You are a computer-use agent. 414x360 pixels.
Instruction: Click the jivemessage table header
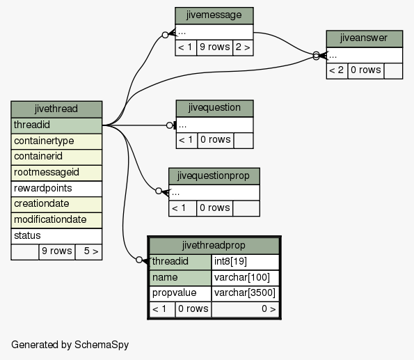pos(214,15)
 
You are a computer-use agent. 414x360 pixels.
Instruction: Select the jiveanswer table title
pos(365,38)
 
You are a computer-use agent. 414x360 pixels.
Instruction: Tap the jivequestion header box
pos(215,109)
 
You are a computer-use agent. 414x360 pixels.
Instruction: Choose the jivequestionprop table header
pos(214,176)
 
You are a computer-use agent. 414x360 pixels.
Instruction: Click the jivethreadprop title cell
pos(214,246)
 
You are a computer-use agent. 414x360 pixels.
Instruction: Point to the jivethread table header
pos(56,109)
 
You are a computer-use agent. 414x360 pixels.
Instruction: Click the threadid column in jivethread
pos(56,125)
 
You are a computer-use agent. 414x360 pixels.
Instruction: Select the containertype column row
pos(56,141)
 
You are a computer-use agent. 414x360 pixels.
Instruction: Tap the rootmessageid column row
pos(56,173)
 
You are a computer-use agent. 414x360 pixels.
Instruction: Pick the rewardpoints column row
pos(56,189)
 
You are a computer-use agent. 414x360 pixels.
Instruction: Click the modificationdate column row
pos(56,220)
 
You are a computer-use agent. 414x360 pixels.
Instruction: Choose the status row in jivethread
pos(56,236)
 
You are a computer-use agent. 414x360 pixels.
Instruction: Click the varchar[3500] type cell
pos(245,293)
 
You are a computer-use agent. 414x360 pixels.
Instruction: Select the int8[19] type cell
pos(245,262)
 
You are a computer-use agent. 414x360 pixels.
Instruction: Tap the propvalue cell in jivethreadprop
pos(180,293)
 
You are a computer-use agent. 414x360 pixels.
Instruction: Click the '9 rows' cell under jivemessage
pos(215,47)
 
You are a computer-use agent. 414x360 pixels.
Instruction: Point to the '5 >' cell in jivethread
pos(88,252)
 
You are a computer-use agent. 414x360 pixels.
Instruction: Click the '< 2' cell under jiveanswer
pos(337,70)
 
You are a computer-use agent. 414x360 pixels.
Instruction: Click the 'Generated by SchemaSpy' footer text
pos(70,345)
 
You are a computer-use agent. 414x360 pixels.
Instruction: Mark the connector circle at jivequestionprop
pos(159,191)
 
